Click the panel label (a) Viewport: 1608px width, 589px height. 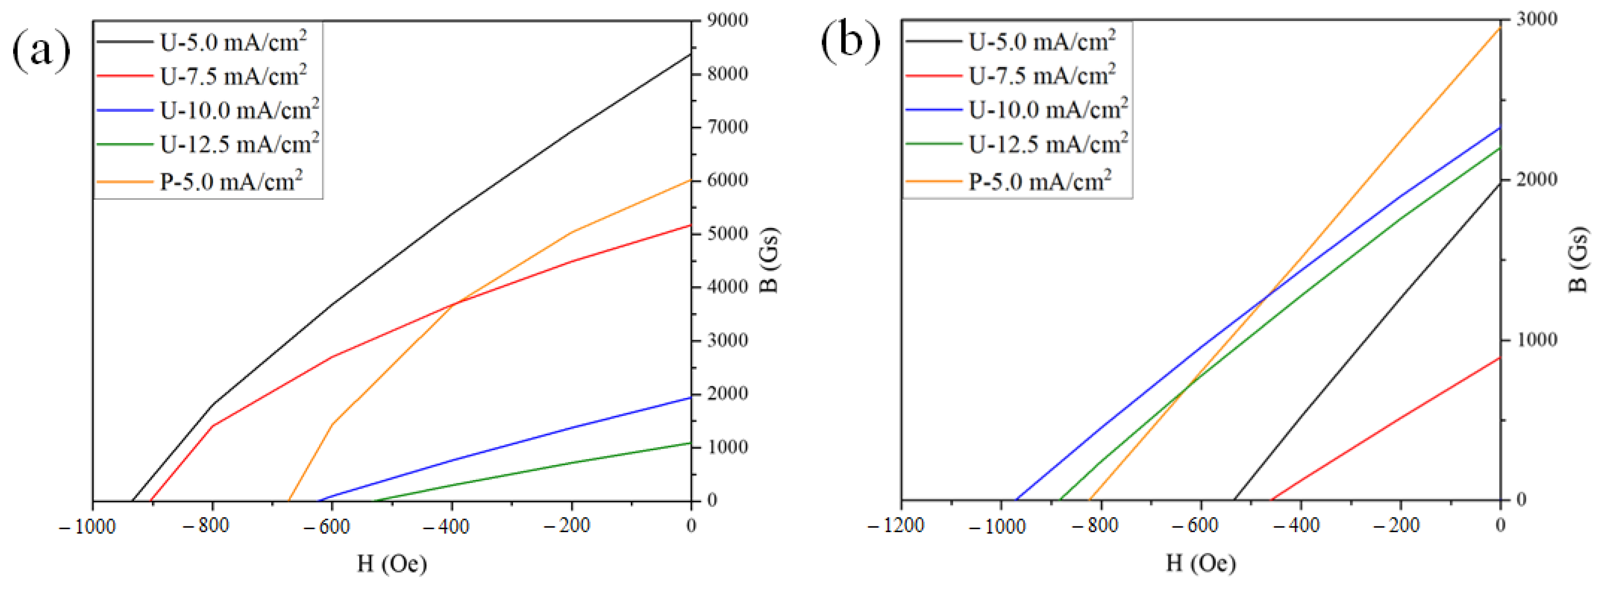click(41, 50)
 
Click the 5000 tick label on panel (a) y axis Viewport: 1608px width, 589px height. click(727, 234)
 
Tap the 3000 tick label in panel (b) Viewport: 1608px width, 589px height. click(1537, 19)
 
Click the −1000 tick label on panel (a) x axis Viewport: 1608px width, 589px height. click(87, 527)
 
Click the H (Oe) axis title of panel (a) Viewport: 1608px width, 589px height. click(392, 564)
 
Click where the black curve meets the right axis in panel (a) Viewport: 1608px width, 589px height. click(691, 54)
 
